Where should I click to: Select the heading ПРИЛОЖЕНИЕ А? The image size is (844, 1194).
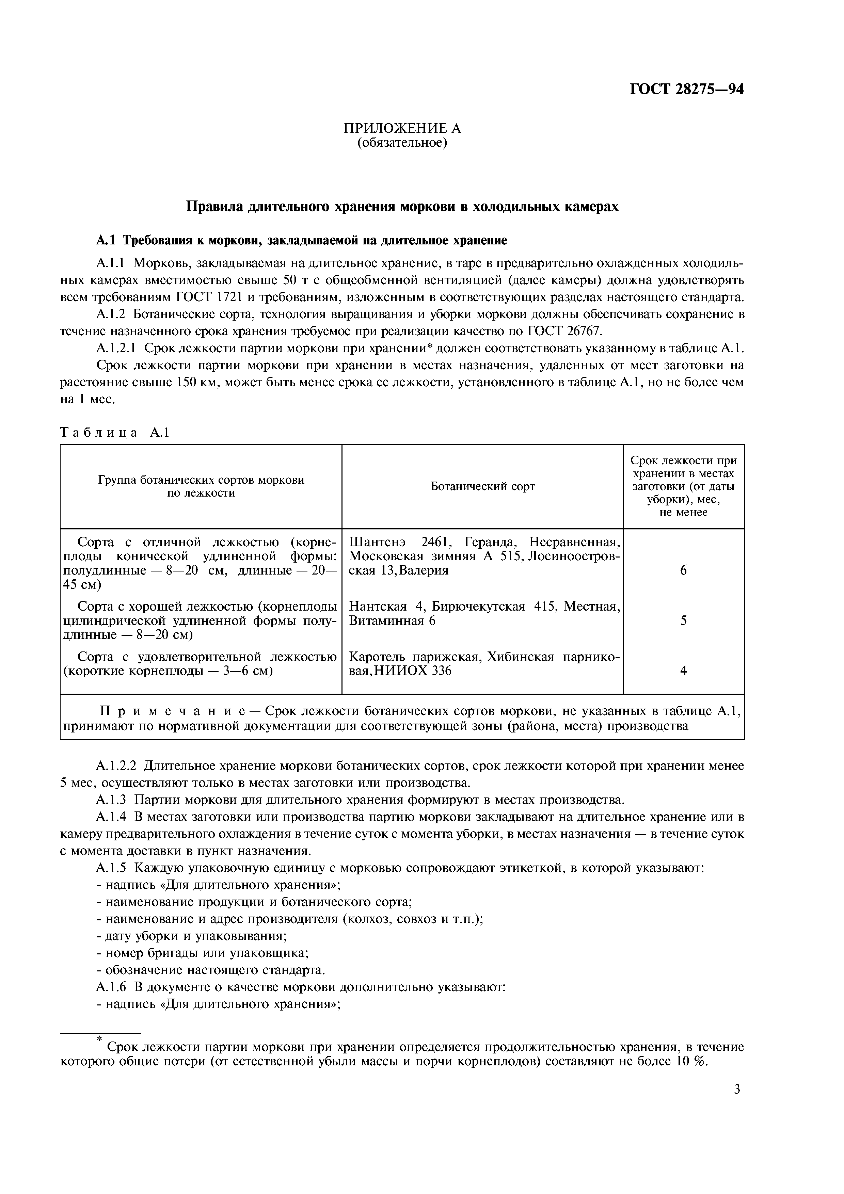pyautogui.click(x=402, y=128)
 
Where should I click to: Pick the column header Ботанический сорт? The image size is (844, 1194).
pyautogui.click(x=482, y=486)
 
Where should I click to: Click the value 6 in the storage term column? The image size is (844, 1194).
pyautogui.click(x=683, y=570)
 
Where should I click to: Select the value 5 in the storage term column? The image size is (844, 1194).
pyautogui.click(x=683, y=620)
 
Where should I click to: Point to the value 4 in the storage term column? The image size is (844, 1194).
pyautogui.click(x=683, y=671)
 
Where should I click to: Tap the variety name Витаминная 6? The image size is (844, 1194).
pyautogui.click(x=392, y=620)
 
